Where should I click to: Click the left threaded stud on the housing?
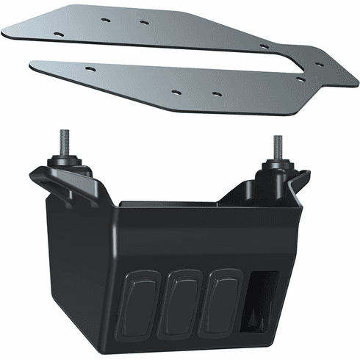point(65,142)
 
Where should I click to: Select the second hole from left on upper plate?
point(105,18)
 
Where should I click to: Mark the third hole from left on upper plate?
point(144,22)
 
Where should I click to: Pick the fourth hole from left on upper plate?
point(263,46)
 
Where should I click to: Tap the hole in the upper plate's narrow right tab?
point(320,64)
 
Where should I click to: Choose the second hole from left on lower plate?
point(176,92)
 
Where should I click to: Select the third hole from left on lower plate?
point(216,93)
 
